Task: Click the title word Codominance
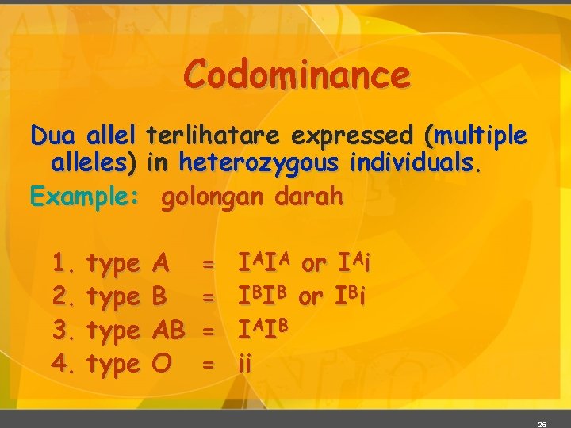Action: [297, 76]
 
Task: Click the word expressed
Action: [355, 136]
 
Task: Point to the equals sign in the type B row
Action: [208, 298]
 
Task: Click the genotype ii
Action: [245, 365]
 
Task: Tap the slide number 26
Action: [542, 424]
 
